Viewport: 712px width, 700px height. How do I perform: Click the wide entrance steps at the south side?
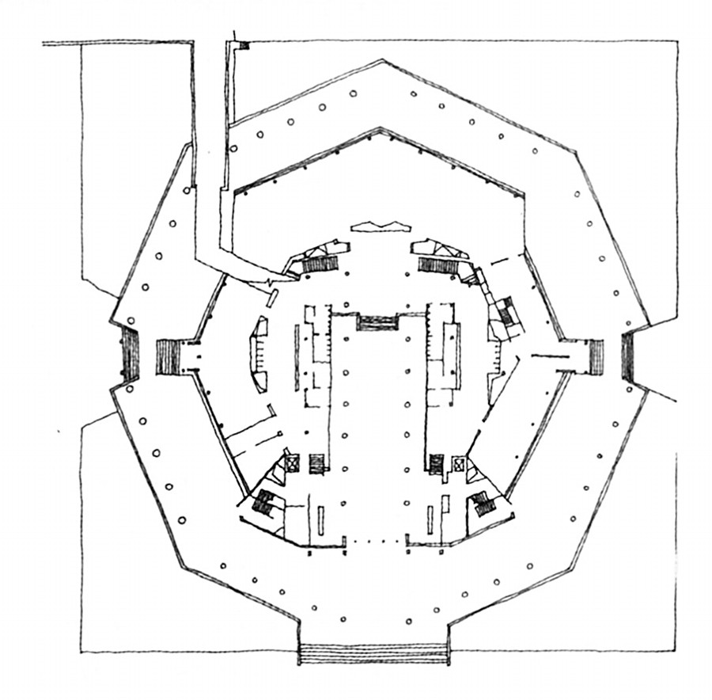(x=373, y=654)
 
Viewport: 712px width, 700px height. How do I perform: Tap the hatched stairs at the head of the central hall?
(x=377, y=322)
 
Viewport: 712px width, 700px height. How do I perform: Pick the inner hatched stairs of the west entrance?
(x=169, y=356)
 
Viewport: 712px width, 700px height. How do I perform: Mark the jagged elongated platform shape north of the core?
(x=381, y=227)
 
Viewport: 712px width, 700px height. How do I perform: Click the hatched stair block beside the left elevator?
(x=318, y=462)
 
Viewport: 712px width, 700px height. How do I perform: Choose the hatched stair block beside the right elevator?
(x=436, y=463)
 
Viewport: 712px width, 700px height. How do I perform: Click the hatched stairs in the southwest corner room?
(x=263, y=502)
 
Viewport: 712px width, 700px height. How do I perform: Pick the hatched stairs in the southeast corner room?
(x=481, y=501)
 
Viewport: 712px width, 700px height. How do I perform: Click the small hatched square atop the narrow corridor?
(x=244, y=45)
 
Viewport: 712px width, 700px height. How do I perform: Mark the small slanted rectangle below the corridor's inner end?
(x=271, y=298)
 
